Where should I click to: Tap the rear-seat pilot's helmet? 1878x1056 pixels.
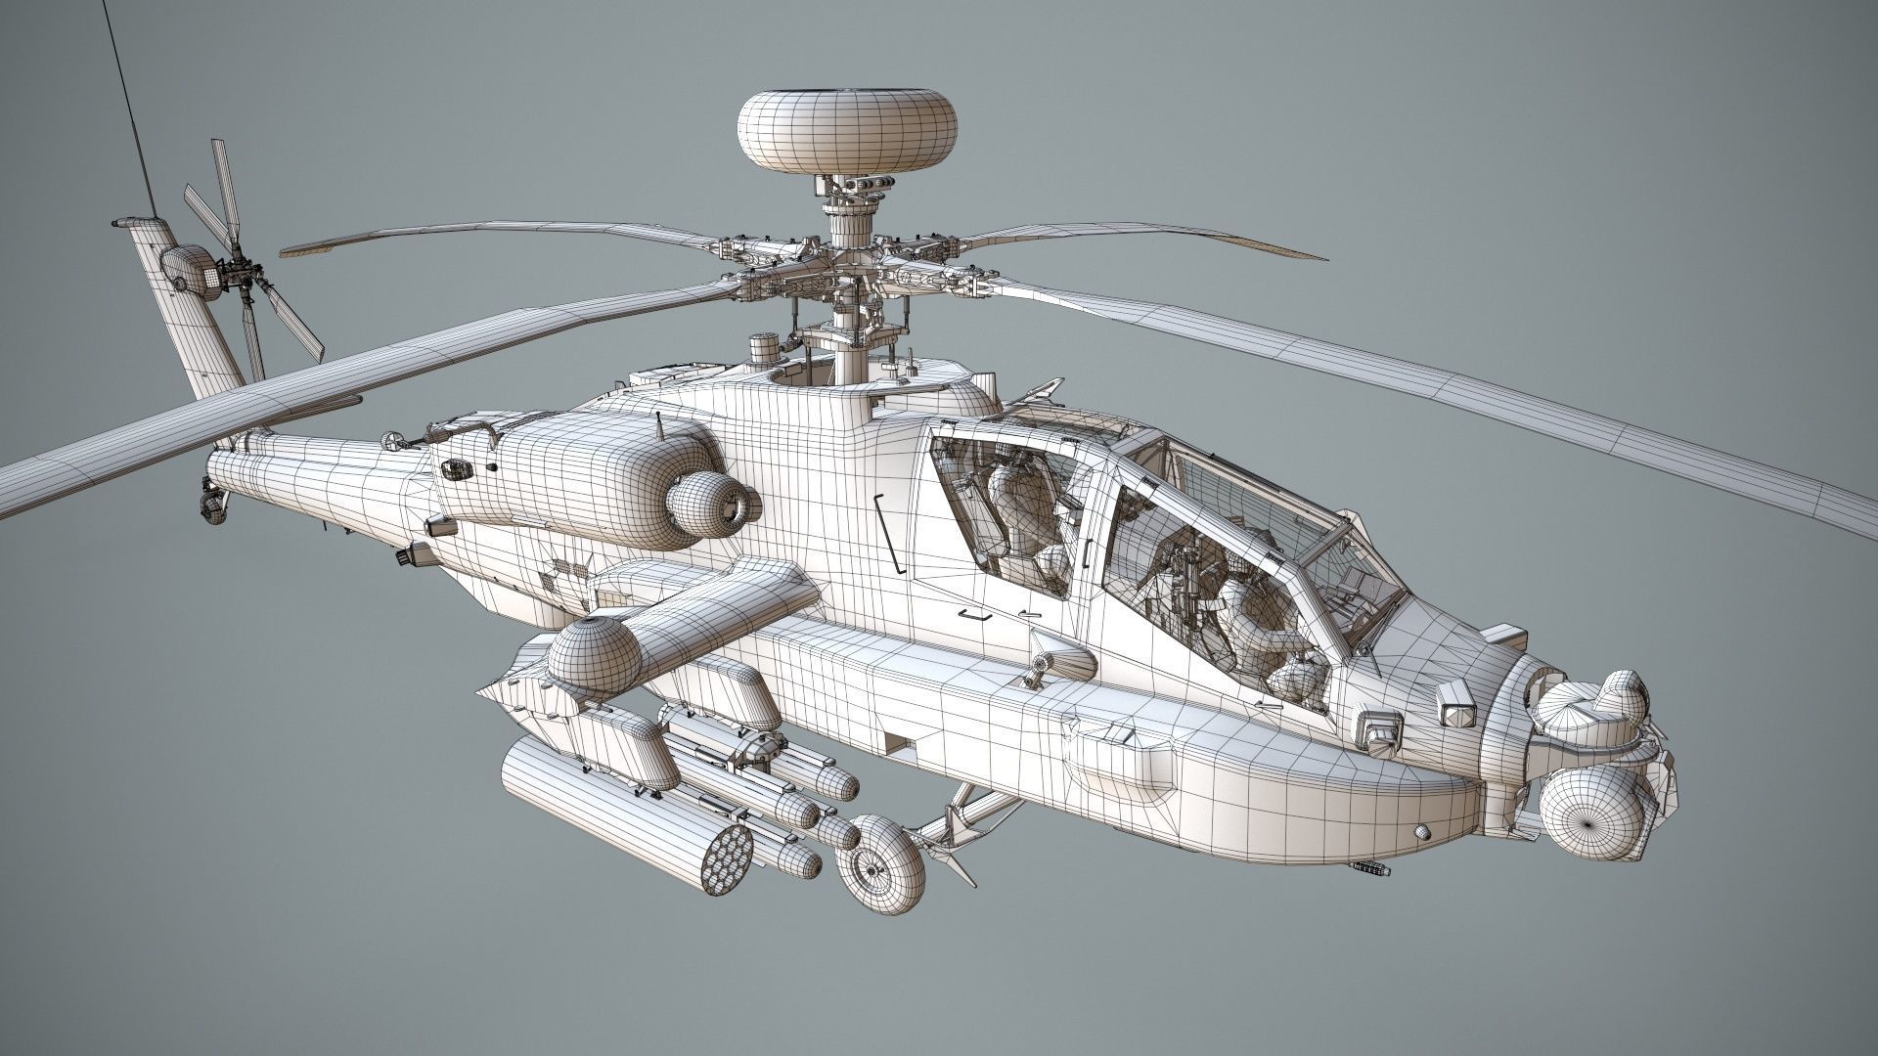pos(1013,487)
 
